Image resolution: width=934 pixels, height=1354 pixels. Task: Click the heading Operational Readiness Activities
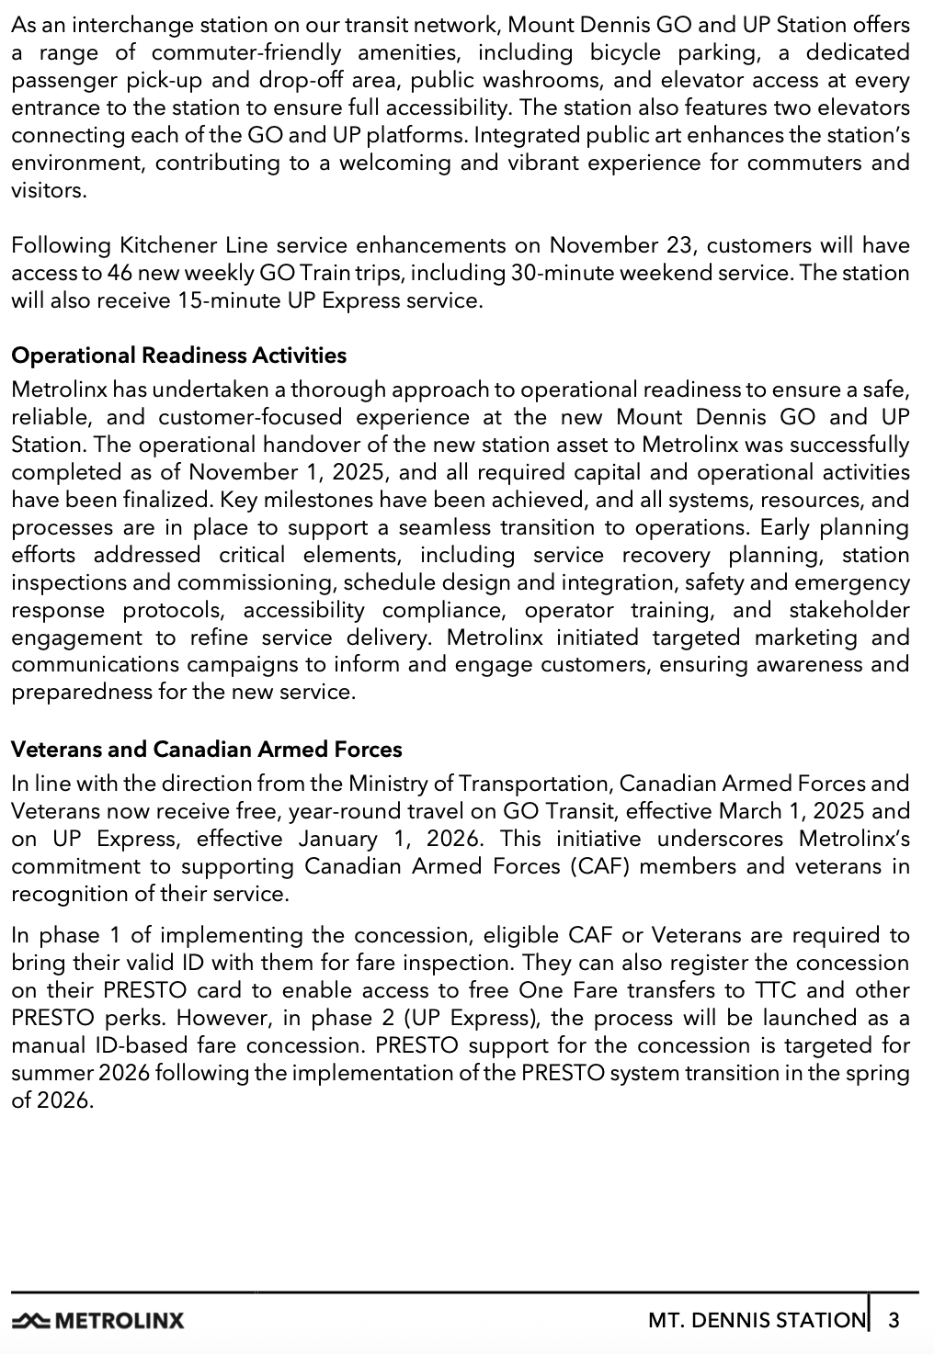178,355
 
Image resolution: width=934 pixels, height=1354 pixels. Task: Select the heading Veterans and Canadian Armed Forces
206,750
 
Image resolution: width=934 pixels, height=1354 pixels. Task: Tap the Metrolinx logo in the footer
97,1321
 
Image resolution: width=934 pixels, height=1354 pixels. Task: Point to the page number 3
894,1321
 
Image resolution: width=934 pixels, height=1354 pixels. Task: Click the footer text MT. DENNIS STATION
756,1321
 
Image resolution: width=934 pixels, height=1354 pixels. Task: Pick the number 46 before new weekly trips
118,273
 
